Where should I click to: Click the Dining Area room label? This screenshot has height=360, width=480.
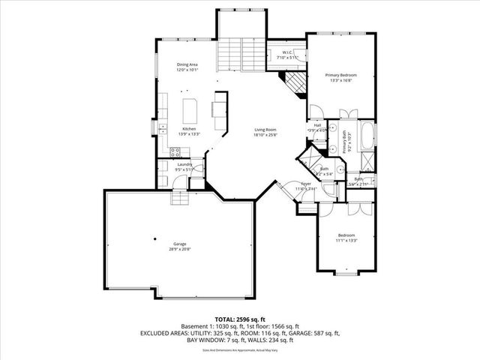187,64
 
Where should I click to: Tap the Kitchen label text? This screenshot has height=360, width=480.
189,129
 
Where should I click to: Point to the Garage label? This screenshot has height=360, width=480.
179,244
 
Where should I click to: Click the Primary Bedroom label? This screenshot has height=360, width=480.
340,75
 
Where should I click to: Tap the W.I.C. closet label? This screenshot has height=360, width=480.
287,52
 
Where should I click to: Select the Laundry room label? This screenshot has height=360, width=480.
185,164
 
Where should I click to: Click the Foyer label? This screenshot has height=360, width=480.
306,184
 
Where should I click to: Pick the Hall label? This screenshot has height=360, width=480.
318,125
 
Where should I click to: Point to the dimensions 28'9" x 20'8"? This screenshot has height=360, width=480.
179,249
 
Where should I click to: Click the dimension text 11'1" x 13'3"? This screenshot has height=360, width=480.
346,240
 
